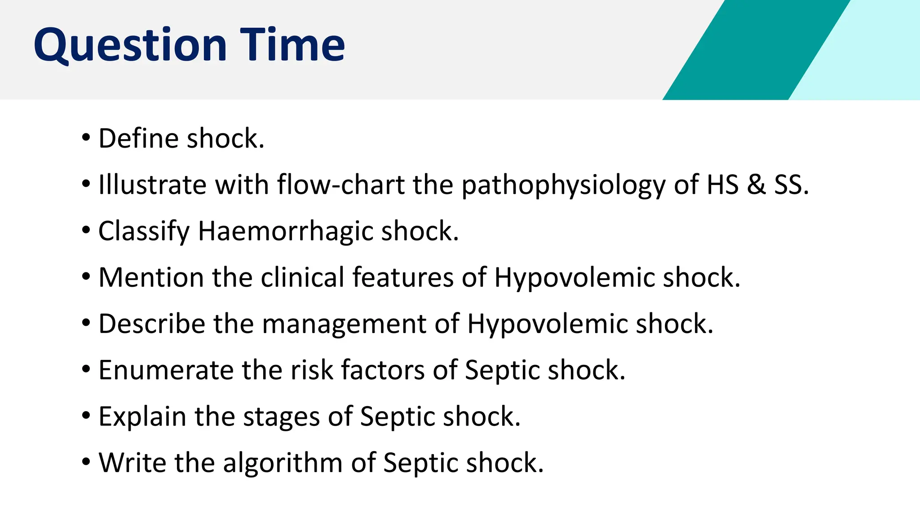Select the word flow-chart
point(341,184)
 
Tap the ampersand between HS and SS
point(756,184)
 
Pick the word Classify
point(144,232)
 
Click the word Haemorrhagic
point(285,232)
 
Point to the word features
point(402,277)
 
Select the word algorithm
point(283,463)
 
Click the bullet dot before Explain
point(86,415)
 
